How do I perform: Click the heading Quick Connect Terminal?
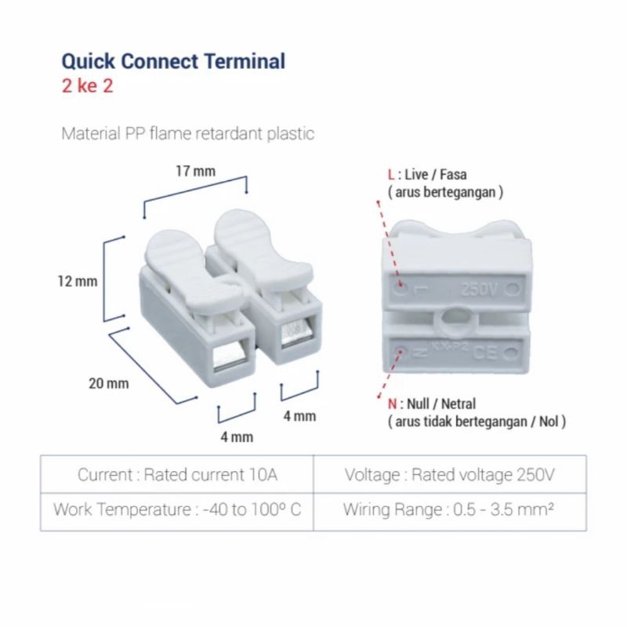tap(173, 60)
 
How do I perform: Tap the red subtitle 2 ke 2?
tap(87, 85)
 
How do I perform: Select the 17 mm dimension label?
tap(194, 171)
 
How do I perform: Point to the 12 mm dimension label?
tap(78, 281)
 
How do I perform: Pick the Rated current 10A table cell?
tap(177, 475)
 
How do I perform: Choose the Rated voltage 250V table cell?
tap(450, 475)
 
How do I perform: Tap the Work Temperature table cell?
tap(177, 509)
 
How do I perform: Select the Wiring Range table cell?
tap(450, 509)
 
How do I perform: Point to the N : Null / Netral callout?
tap(432, 404)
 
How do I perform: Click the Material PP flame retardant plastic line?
tap(188, 133)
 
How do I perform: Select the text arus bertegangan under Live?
tap(444, 192)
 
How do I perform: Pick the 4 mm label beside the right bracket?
tap(299, 416)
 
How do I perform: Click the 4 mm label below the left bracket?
tap(237, 437)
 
